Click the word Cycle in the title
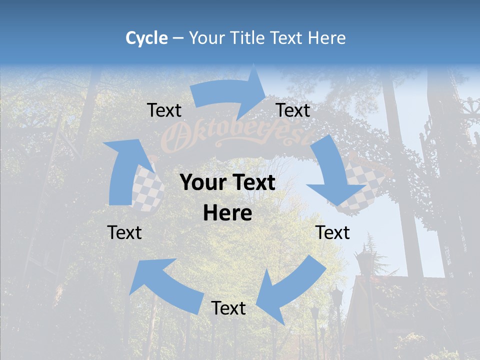146,38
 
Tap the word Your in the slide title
206,38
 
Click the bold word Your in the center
203,183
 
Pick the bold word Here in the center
227,213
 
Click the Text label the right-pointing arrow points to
293,110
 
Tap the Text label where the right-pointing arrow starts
164,110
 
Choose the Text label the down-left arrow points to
228,308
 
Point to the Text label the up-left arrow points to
124,232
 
